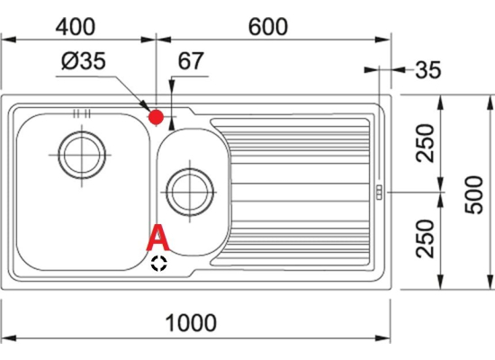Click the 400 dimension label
point(75,27)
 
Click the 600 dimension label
point(268,27)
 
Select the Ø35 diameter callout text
point(84,60)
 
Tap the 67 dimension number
point(191,60)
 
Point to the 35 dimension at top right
point(427,70)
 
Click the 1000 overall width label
point(191,323)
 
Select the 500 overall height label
point(474,194)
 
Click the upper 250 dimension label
point(425,143)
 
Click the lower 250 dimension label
point(425,238)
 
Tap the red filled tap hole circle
point(156,118)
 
